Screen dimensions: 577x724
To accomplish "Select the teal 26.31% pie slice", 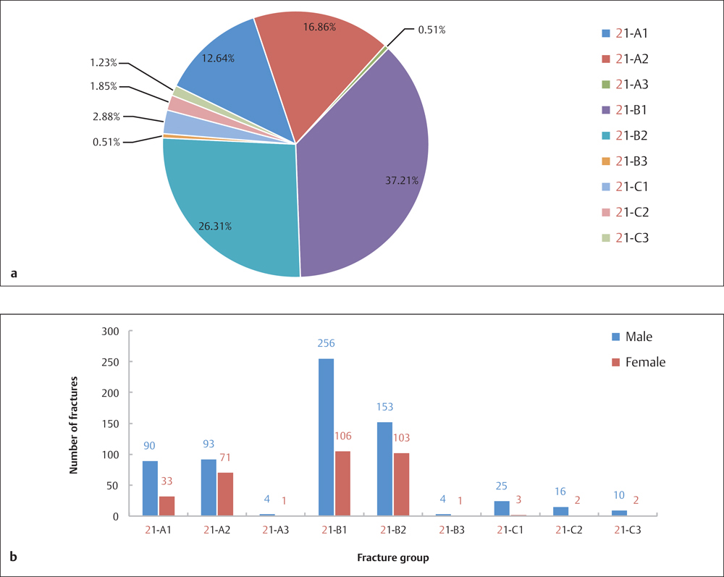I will tap(232, 210).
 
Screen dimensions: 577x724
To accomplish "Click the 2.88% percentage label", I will tap(106, 116).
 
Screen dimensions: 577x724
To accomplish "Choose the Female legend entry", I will tap(637, 361).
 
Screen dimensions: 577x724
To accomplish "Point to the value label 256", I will tap(327, 343).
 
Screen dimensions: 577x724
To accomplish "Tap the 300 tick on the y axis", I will tap(109, 331).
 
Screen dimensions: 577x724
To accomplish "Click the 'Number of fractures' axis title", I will tap(73, 424).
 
